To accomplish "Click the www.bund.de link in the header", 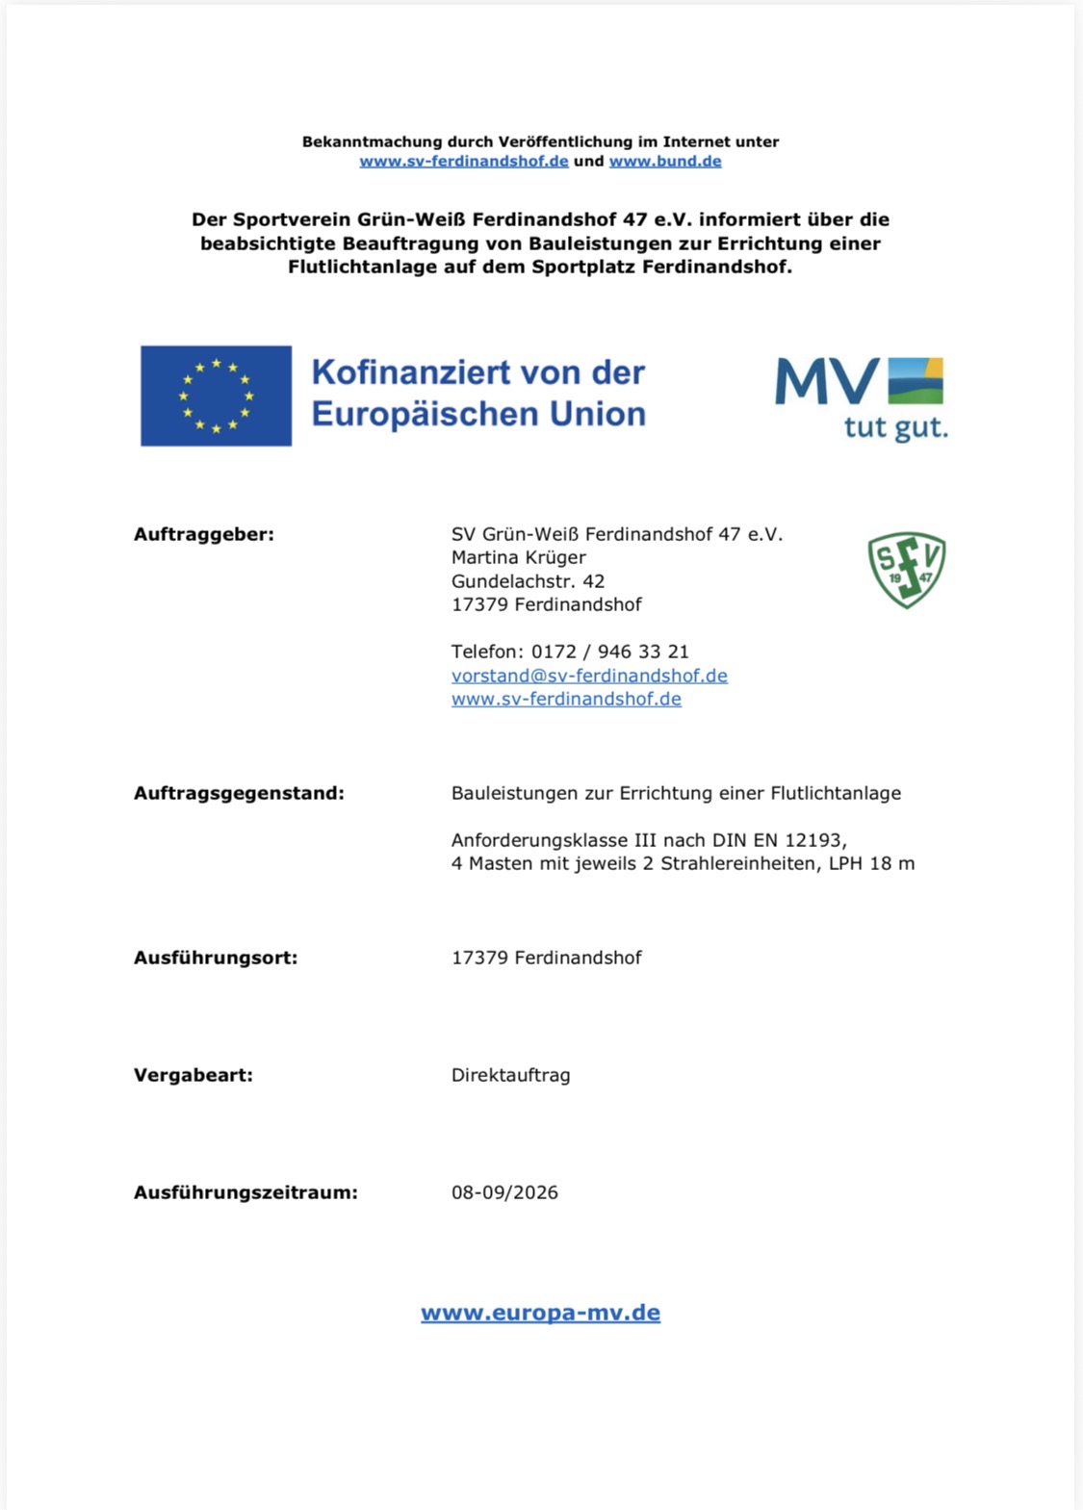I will point(665,162).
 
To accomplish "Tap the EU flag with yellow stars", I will point(216,396).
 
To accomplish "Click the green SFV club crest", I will point(906,570).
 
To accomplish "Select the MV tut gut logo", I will point(862,397).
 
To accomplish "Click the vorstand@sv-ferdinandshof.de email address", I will point(589,676).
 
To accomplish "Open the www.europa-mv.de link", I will point(540,1313).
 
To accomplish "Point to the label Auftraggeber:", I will point(204,534).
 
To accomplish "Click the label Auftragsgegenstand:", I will point(239,794).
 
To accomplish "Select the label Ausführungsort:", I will point(216,959).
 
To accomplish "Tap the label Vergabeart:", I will point(193,1076).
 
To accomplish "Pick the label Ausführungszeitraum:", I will point(245,1193).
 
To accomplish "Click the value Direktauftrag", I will point(510,1075).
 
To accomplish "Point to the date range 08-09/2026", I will point(504,1192).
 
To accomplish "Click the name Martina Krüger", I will point(519,557).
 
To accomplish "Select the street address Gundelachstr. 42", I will point(528,581).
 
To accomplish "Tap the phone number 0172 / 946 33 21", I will point(610,652).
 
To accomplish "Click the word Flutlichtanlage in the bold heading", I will point(363,267).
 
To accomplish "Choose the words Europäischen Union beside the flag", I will point(478,414).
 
